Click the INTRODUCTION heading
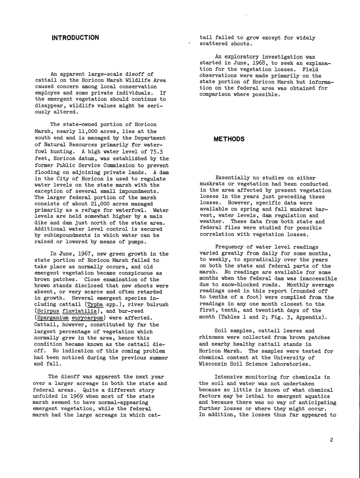75,37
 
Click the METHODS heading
229,139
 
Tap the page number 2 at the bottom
331,440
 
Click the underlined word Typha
96,304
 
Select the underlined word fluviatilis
82,311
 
